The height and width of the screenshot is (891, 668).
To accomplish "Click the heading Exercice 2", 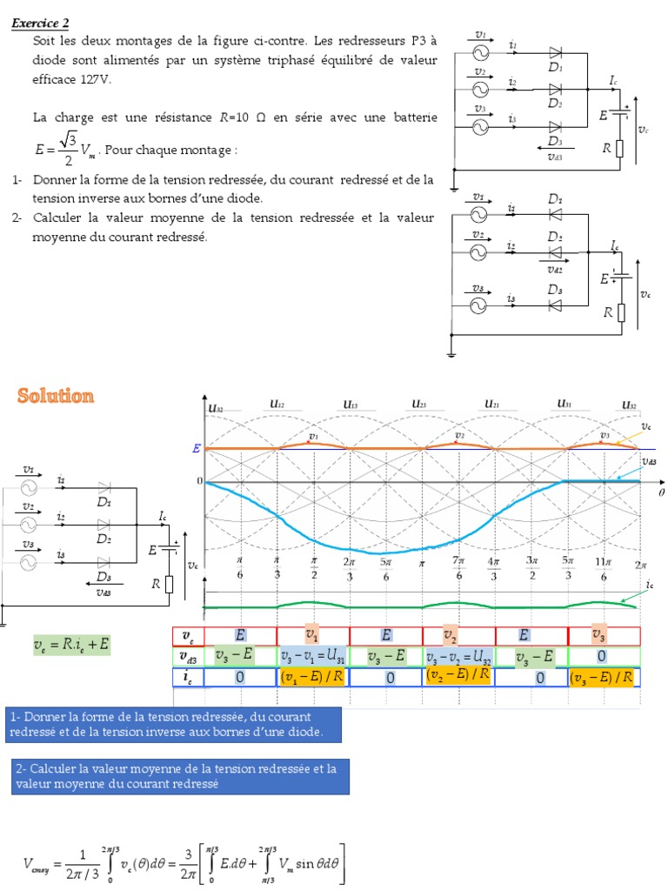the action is tap(41, 23).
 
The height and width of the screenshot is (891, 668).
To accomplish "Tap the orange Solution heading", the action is tap(56, 397).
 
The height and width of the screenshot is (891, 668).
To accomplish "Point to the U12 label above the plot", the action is tap(278, 405).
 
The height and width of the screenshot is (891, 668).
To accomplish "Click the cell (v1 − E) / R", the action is tap(313, 676).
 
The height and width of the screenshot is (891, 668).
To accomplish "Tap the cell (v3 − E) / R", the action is tap(604, 677).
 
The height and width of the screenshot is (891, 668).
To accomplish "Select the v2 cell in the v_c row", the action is tap(451, 636).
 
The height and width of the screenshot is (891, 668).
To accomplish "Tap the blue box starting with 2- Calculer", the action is tap(181, 776).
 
